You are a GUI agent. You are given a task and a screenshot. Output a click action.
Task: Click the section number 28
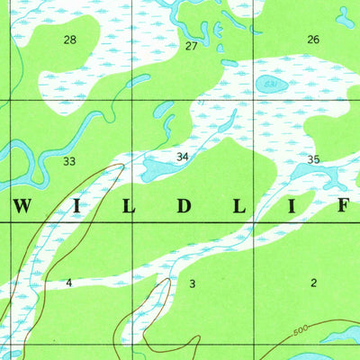click(70, 40)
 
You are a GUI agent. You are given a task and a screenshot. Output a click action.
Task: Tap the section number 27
click(191, 45)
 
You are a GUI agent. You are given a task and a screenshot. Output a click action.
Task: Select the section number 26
click(313, 40)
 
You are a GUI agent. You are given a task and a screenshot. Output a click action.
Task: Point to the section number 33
click(69, 162)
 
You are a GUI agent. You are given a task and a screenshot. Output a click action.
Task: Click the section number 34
click(183, 157)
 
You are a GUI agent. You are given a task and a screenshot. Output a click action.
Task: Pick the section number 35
click(313, 159)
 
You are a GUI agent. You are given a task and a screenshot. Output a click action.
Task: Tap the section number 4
click(68, 283)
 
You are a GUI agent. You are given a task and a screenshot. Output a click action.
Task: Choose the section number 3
click(192, 283)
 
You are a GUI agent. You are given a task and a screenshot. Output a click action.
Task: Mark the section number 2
click(313, 283)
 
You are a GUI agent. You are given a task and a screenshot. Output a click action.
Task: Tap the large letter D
click(184, 206)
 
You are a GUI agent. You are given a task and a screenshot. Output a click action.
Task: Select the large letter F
click(343, 206)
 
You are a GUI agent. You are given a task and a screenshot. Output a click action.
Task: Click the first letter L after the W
click(130, 206)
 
